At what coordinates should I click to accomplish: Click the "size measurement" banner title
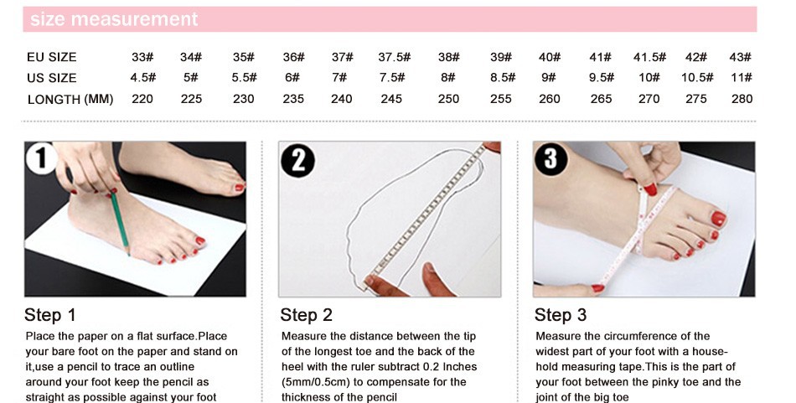114,19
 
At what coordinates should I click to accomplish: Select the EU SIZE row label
52,57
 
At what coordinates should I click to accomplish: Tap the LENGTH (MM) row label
70,99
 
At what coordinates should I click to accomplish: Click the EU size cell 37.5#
394,57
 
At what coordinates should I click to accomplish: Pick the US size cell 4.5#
142,78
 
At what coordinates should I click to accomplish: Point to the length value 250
448,99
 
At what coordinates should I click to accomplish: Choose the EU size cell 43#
740,57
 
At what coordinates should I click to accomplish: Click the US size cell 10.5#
697,78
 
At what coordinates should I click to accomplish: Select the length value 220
142,99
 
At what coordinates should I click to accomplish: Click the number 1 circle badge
41,158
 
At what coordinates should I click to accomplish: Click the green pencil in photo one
120,221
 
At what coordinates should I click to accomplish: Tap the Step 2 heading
306,315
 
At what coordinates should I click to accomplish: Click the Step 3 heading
561,315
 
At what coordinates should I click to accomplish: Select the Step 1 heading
49,315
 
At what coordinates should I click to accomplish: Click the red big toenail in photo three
718,219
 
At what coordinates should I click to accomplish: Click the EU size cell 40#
550,57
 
